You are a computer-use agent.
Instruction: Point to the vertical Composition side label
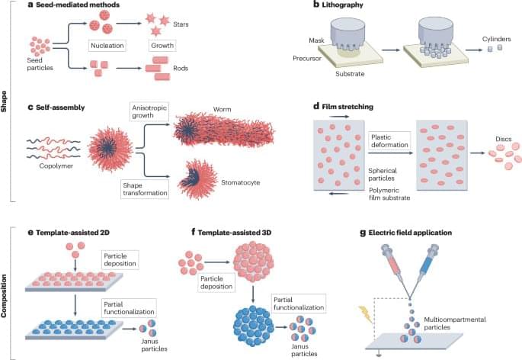(6, 292)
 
